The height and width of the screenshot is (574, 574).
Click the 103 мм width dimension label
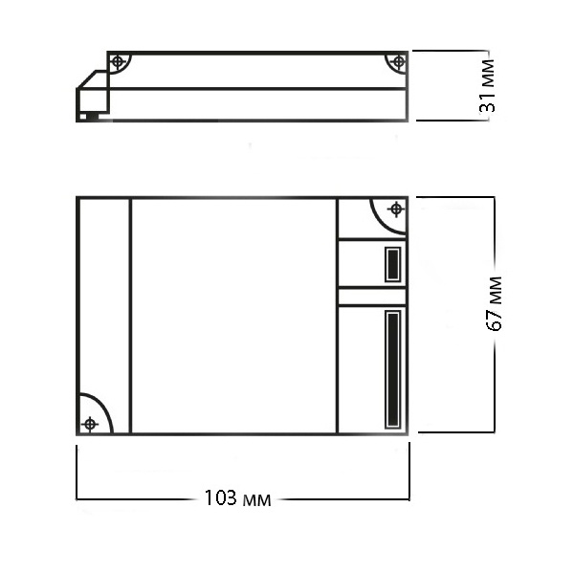(237, 498)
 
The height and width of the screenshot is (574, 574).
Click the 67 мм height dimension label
(495, 303)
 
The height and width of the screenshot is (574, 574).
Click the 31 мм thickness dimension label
(488, 85)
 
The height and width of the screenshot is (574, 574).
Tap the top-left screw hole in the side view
(118, 61)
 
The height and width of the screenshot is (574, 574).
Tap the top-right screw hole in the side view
(398, 62)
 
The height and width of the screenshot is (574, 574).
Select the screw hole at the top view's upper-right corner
(396, 210)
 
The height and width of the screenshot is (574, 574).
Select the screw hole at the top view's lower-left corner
(90, 424)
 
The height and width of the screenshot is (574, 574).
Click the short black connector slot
(393, 264)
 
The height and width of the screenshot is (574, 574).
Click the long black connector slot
(393, 369)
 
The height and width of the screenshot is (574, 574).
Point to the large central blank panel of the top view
(233, 316)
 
